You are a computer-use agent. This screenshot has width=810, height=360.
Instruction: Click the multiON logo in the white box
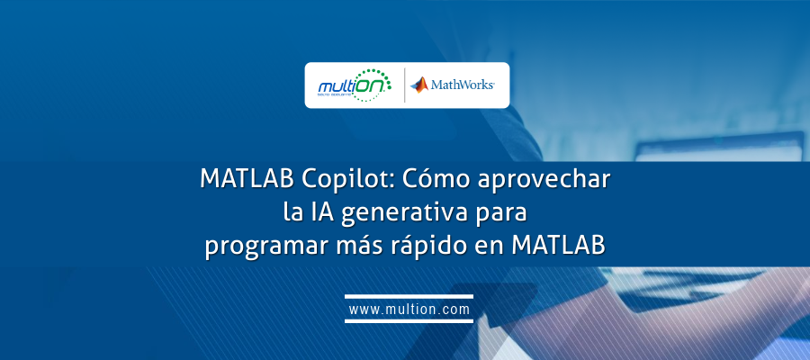tap(355, 85)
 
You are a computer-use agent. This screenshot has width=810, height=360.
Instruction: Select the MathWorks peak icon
tap(419, 85)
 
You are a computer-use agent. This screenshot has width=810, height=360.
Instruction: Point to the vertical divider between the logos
tap(404, 85)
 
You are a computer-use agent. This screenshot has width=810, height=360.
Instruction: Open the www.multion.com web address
tap(409, 310)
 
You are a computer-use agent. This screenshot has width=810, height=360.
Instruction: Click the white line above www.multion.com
tap(409, 295)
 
